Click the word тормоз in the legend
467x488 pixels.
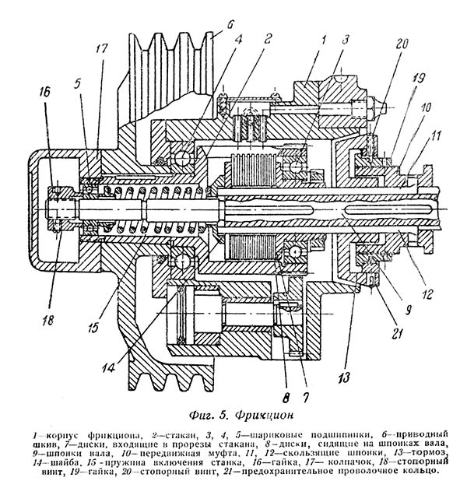[x=433, y=452]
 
